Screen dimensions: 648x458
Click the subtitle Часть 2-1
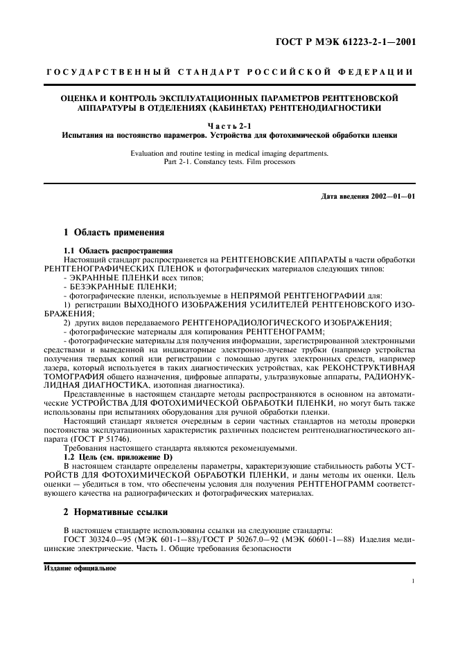(229, 125)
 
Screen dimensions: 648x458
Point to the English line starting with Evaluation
(229, 153)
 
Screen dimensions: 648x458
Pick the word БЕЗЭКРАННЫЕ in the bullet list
(108, 286)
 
